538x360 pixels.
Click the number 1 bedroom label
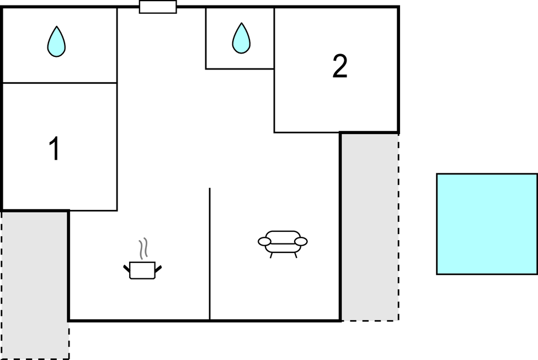(55, 149)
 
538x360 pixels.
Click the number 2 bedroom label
(340, 66)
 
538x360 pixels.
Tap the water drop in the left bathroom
(56, 41)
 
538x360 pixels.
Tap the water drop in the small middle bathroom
(241, 38)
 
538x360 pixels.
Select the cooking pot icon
(142, 270)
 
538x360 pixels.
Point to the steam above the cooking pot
(143, 248)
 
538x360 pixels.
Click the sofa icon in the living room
(283, 244)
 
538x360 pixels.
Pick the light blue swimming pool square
(487, 224)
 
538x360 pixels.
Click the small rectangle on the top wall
(158, 7)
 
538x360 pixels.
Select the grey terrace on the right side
(370, 227)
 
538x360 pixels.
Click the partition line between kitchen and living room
(210, 254)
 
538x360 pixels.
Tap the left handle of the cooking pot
(126, 268)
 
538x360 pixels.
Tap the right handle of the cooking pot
(158, 269)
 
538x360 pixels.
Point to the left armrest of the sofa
(264, 242)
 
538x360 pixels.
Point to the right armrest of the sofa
(301, 242)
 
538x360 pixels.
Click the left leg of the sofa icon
(271, 255)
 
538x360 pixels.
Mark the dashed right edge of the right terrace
(398, 227)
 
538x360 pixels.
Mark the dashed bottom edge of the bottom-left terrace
(35, 359)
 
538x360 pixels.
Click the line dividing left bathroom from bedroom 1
(60, 83)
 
